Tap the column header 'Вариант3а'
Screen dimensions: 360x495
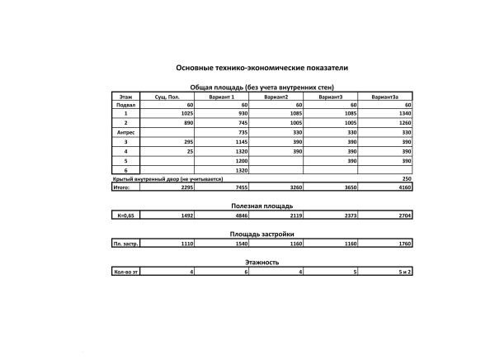(385, 97)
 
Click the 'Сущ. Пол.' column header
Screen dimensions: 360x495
(167, 97)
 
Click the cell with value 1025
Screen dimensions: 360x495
(185, 114)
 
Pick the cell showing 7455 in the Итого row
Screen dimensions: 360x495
(240, 187)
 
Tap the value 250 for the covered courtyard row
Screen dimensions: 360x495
(406, 178)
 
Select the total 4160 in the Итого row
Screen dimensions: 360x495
(404, 187)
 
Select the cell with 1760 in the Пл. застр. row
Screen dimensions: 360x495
(404, 244)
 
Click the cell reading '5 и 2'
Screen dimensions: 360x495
(404, 272)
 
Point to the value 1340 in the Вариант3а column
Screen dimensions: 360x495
(404, 114)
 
